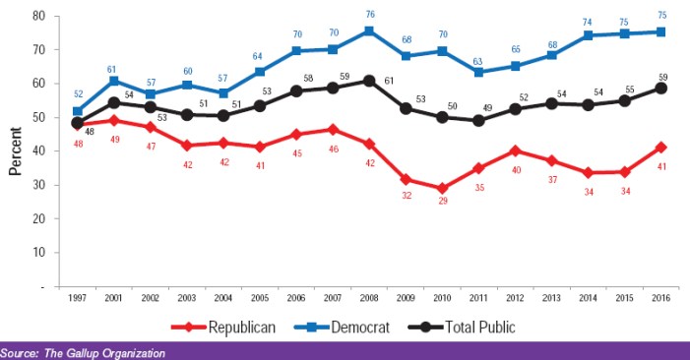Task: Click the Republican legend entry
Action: pyautogui.click(x=222, y=327)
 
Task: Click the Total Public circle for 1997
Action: pyautogui.click(x=77, y=124)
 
